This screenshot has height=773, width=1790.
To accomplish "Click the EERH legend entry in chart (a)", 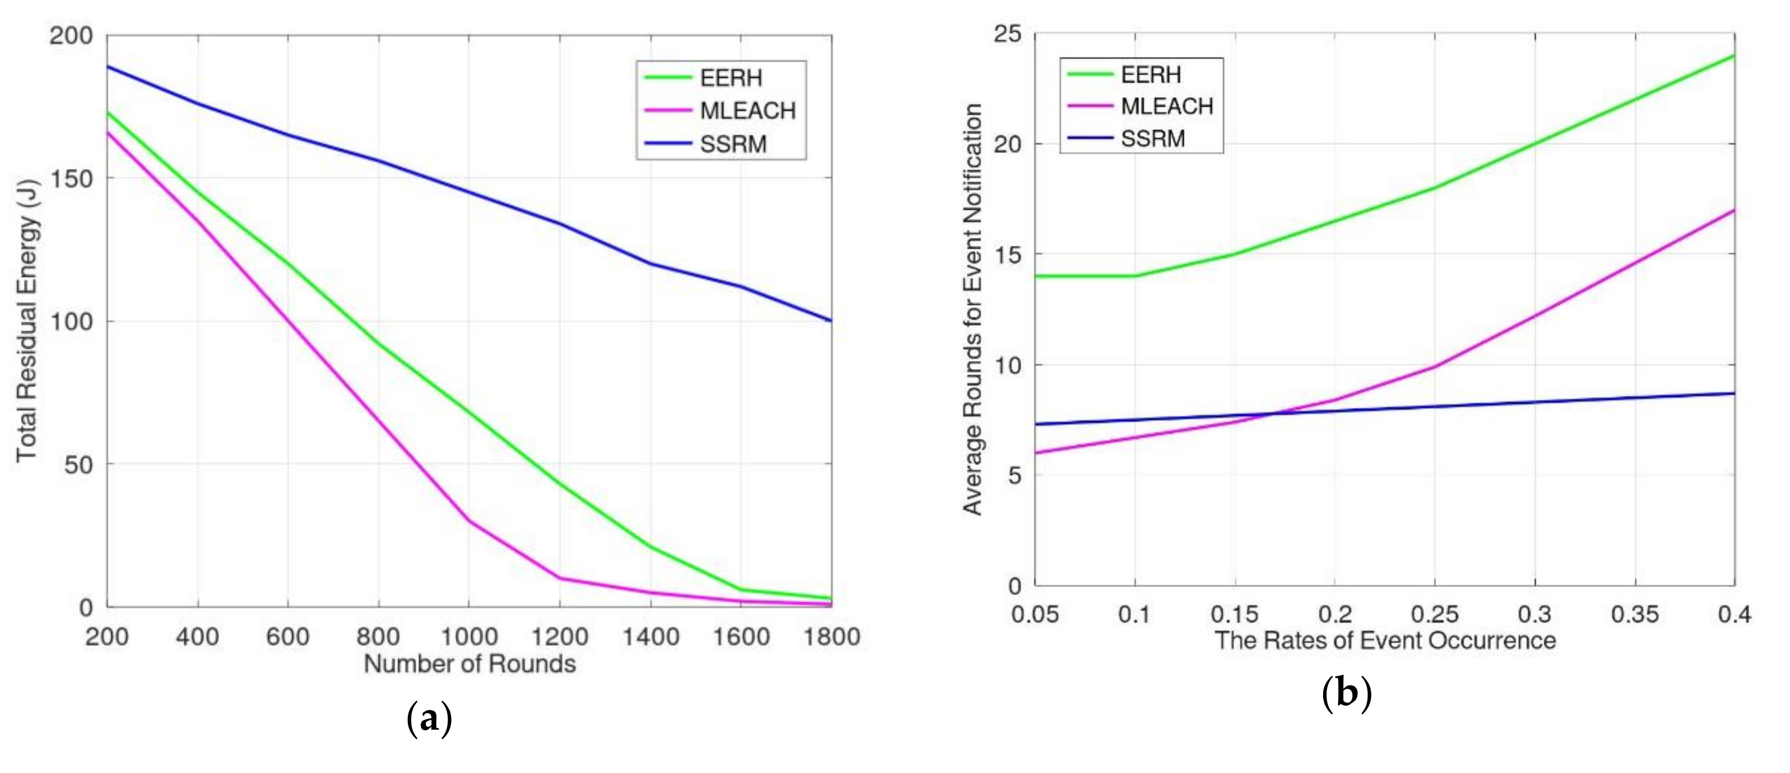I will [x=731, y=78].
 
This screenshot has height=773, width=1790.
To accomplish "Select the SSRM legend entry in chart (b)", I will [x=1153, y=138].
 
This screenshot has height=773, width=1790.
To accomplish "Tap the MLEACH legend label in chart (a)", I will [x=748, y=111].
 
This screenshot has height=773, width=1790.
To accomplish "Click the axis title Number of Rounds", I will [x=470, y=664].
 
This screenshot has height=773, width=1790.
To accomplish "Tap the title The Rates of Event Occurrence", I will [x=1384, y=640].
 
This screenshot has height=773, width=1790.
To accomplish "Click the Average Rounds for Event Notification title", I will [x=972, y=309].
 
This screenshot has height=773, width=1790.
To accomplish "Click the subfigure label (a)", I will [x=429, y=720].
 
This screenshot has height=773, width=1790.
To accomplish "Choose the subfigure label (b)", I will [x=1346, y=694].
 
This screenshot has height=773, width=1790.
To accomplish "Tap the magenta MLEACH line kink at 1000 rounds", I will [x=468, y=520].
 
